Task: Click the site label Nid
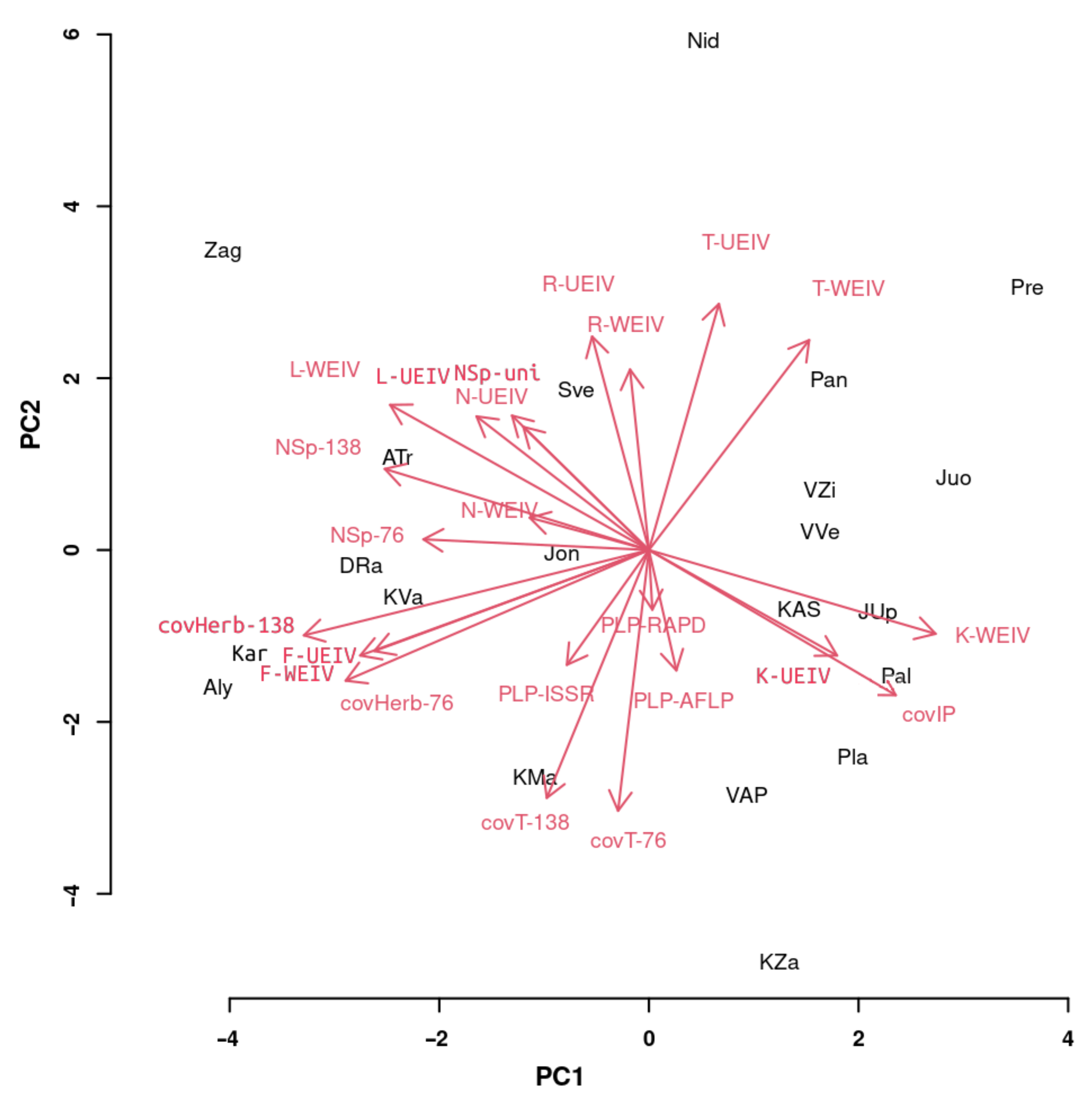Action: pos(703,41)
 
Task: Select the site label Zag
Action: pos(223,250)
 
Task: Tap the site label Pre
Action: pos(1027,288)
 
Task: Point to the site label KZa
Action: pos(779,963)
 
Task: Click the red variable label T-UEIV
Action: pos(736,243)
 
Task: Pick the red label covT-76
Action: pos(628,841)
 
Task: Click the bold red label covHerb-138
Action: pos(226,626)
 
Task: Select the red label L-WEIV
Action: pos(325,370)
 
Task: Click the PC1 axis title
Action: pos(559,1076)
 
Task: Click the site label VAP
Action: pos(747,795)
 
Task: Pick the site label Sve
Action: pos(575,390)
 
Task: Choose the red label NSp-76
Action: pos(367,535)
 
